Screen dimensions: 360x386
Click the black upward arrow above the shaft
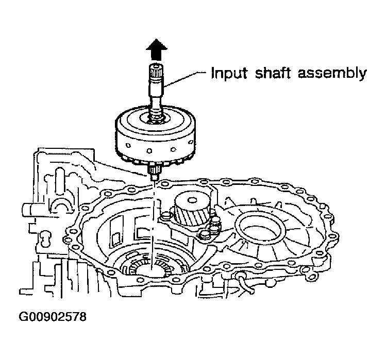pos(157,50)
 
